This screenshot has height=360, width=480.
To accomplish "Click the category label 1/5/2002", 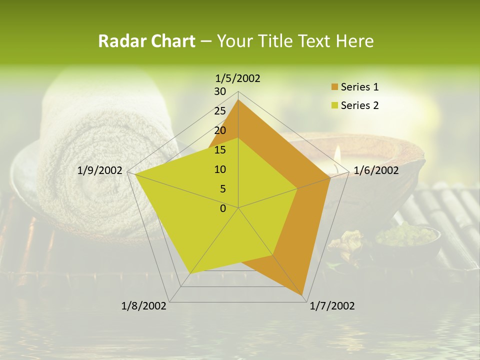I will pos(238,78).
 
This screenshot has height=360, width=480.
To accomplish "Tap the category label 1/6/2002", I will pos(376,170).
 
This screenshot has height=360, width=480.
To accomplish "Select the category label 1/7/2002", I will pos(332,306).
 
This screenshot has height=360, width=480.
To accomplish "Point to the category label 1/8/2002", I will pos(144,306).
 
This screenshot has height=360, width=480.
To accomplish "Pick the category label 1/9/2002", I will pos(100,170).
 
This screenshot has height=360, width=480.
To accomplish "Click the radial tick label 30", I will pos(220,91).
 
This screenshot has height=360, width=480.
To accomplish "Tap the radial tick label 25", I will pos(220,111).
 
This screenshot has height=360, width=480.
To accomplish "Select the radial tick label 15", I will pos(220,150).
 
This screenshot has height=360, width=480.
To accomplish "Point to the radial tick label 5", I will pos(223,189).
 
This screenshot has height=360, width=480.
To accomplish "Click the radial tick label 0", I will pos(223,208).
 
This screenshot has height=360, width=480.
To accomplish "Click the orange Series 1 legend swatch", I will pos(334,87).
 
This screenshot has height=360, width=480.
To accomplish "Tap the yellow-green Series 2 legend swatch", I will pos(334,105).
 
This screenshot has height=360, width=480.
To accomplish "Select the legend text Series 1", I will pos(359,87).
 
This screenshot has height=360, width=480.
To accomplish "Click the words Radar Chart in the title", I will pos(146,41).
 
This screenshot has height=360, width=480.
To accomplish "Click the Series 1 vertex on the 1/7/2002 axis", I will pos(302,295).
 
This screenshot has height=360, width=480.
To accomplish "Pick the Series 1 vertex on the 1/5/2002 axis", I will pos(238,100).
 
